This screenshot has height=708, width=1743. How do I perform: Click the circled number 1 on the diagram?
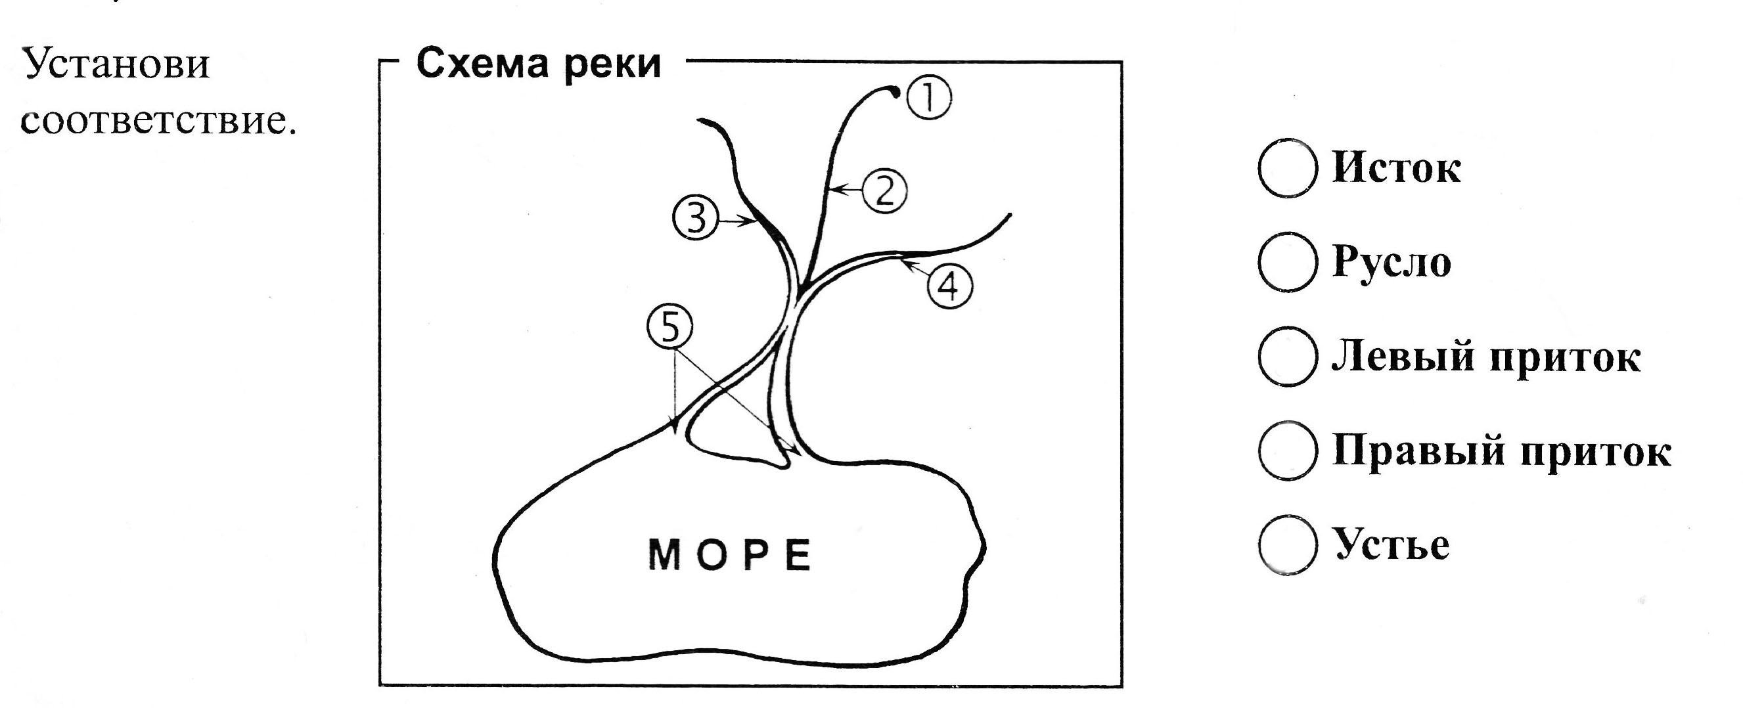(x=928, y=98)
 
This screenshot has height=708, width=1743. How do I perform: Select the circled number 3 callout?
(x=695, y=219)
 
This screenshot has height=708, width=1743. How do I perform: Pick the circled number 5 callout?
(x=669, y=327)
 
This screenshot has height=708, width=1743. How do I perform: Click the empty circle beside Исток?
(x=1288, y=168)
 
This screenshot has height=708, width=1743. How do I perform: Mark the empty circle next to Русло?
(x=1288, y=262)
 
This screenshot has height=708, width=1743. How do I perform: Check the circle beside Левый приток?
(x=1288, y=357)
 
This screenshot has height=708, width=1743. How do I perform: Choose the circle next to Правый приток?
(x=1288, y=451)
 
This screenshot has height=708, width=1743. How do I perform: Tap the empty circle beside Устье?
(x=1288, y=544)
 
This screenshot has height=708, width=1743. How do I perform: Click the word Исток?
(x=1396, y=167)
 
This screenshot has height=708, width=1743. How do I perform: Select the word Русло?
(x=1392, y=262)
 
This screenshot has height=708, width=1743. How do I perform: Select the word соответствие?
(x=159, y=122)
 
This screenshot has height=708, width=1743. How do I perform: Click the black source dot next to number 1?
(x=895, y=92)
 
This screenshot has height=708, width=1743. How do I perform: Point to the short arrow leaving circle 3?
(x=736, y=221)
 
